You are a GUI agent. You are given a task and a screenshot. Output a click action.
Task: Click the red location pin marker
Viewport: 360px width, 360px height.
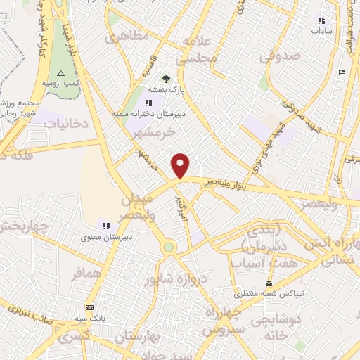click(x=181, y=165)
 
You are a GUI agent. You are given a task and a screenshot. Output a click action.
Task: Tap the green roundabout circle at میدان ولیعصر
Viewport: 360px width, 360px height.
click(x=167, y=247)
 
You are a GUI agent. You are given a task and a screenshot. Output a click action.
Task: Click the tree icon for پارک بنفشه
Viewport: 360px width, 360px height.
click(x=166, y=79)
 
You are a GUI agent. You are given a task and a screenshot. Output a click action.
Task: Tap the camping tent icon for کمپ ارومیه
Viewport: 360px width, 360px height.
click(x=60, y=73)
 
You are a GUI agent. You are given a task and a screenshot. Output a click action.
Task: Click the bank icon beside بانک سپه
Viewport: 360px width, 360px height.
click(x=89, y=307)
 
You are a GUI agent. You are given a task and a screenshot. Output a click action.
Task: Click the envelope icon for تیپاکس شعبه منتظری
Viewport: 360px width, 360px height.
click(x=267, y=283)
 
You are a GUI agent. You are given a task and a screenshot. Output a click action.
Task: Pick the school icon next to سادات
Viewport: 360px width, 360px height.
click(x=322, y=20)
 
